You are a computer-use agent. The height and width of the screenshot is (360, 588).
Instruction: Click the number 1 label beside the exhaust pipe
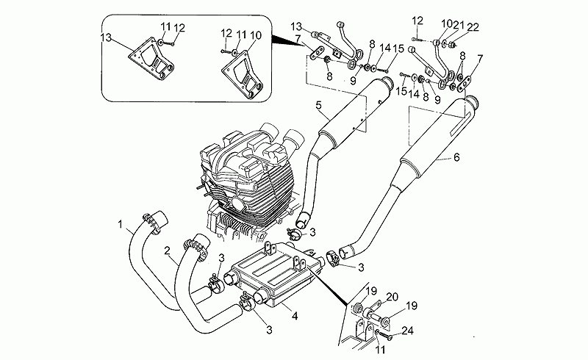click(119, 223)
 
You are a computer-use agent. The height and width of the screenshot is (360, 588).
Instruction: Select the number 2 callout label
click(168, 251)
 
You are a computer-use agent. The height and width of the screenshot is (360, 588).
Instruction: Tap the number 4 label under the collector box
click(295, 317)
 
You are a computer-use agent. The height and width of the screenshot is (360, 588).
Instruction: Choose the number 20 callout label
click(392, 296)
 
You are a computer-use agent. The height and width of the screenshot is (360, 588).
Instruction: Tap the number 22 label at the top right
click(472, 26)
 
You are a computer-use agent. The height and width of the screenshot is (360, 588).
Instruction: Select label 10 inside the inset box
click(254, 35)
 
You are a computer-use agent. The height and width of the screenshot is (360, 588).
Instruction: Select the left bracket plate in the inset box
click(151, 63)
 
